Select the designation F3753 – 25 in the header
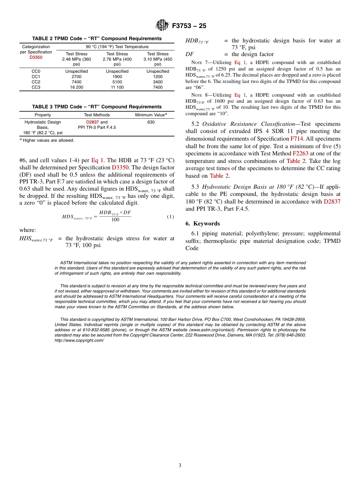tap(189, 26)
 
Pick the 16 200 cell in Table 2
tap(77, 87)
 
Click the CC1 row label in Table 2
tap(36, 77)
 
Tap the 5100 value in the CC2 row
tap(117, 82)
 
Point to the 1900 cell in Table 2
tap(117, 77)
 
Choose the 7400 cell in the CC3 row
tap(158, 87)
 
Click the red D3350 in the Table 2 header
tap(36, 58)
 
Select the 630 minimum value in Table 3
tap(151, 122)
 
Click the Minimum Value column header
tap(151, 115)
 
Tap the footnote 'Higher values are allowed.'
tap(48, 140)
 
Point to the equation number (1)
tap(171, 217)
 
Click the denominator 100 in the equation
tap(115, 220)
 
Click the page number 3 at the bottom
tap(180, 465)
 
